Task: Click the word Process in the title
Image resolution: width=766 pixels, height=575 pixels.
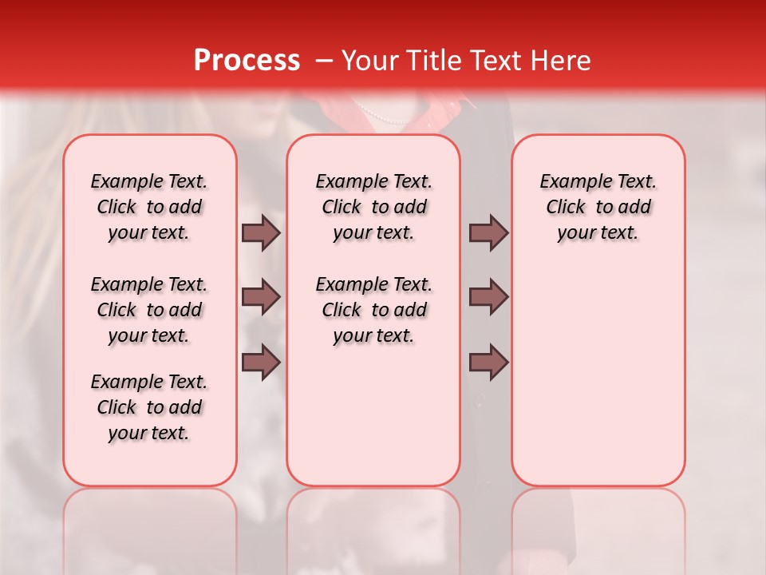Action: (x=246, y=60)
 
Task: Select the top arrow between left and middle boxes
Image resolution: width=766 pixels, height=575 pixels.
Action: (x=261, y=232)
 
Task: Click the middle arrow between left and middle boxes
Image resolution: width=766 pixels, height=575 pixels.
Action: (x=261, y=298)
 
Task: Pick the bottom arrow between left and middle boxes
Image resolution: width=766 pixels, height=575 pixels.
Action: (x=261, y=363)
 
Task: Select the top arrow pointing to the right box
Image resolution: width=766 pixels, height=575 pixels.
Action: (x=488, y=232)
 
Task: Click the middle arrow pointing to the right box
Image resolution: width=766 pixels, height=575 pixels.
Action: (x=488, y=298)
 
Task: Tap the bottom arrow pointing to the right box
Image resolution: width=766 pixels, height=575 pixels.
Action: (x=488, y=363)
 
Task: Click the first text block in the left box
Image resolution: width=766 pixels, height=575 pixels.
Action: (x=149, y=207)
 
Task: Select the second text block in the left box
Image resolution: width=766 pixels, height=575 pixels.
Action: (x=149, y=310)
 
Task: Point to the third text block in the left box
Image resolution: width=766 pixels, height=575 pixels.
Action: (x=149, y=407)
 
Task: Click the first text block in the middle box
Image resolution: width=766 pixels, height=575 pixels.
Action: (x=373, y=207)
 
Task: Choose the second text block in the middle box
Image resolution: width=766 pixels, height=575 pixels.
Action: (x=373, y=310)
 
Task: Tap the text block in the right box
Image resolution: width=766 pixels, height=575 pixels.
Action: (x=598, y=207)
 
